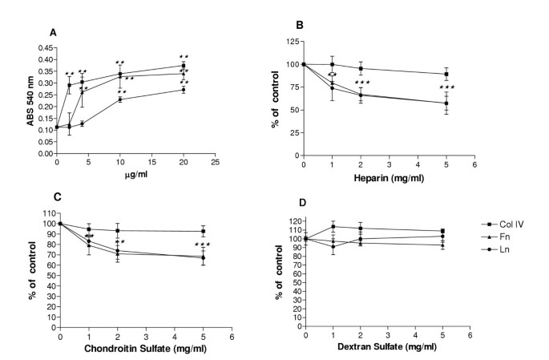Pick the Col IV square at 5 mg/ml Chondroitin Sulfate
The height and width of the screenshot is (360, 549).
204,231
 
